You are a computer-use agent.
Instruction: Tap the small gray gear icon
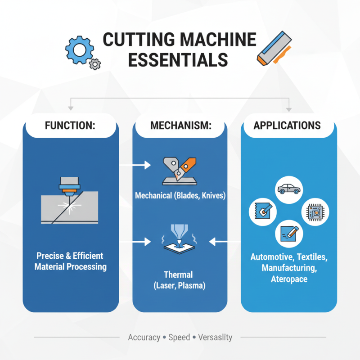[94, 64]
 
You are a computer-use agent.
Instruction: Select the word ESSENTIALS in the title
[179, 59]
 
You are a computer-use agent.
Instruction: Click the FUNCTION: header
[70, 125]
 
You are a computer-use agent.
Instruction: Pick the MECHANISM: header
[180, 125]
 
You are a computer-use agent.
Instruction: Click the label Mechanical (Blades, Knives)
[180, 196]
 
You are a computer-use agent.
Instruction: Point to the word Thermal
[180, 274]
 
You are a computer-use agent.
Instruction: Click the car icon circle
[289, 188]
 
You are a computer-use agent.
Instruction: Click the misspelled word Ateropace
[289, 279]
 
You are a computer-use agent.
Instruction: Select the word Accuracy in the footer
[144, 337]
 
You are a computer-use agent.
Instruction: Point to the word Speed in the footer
[179, 337]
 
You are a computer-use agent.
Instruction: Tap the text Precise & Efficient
[70, 256]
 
